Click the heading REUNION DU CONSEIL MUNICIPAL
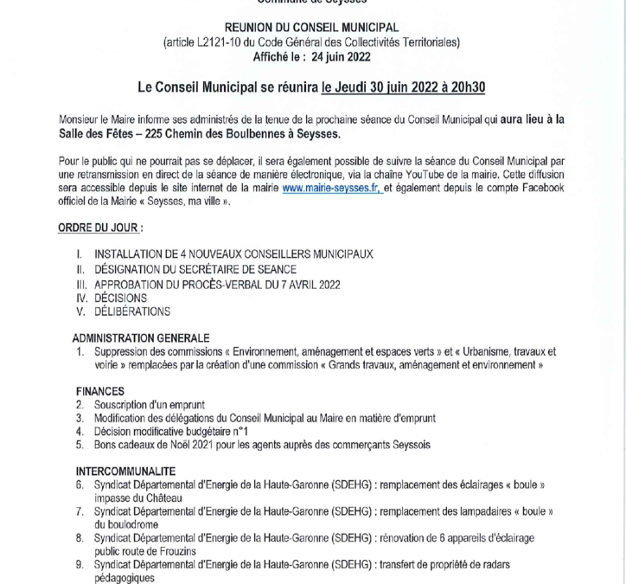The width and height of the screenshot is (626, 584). pyautogui.click(x=313, y=28)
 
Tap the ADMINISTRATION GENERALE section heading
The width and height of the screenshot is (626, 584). pyautogui.click(x=141, y=338)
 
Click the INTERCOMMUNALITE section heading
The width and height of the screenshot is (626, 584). pyautogui.click(x=125, y=472)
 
